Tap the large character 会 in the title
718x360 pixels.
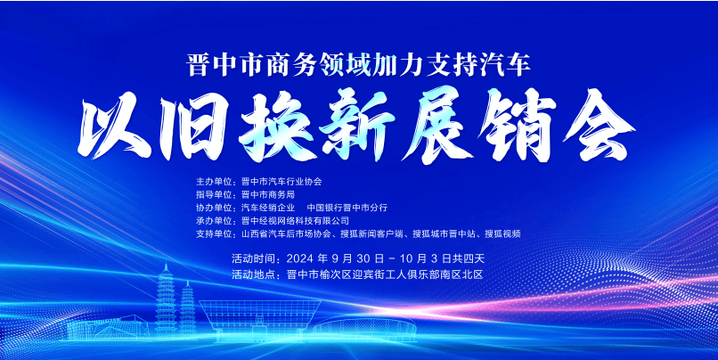(593, 127)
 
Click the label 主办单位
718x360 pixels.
(216, 181)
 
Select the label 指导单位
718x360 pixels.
(216, 194)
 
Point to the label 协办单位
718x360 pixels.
(216, 207)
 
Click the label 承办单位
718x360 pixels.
(216, 220)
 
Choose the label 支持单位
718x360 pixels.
(216, 233)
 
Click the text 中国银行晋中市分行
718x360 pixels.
(347, 207)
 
